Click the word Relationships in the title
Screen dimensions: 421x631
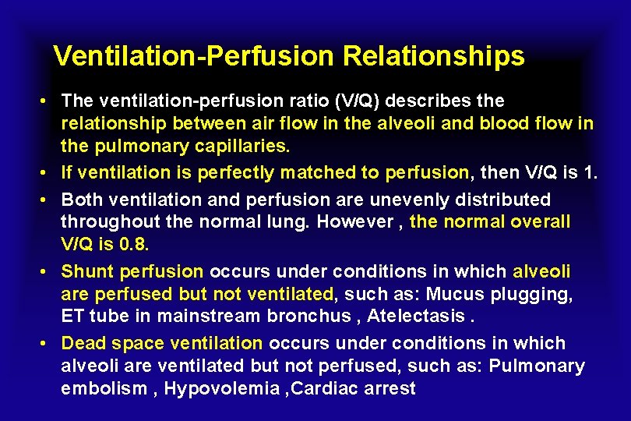[x=433, y=56]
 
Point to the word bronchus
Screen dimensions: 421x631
[x=310, y=316]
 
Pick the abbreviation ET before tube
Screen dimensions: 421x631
[x=72, y=316]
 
